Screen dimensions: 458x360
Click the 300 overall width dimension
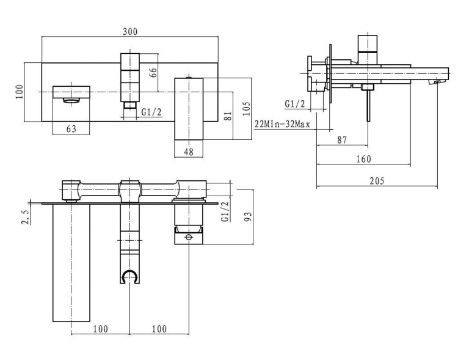coord(130,32)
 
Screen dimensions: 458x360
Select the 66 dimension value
coord(153,73)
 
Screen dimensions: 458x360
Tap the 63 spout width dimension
coord(71,129)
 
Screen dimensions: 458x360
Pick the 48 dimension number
coord(189,152)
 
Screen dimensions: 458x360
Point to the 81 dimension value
coord(228,116)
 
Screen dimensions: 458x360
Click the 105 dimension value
coord(246,109)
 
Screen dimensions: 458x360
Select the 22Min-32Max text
coord(282,124)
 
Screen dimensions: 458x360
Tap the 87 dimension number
coord(342,140)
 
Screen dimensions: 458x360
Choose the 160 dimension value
coord(363,159)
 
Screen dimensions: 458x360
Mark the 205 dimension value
coord(377,181)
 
